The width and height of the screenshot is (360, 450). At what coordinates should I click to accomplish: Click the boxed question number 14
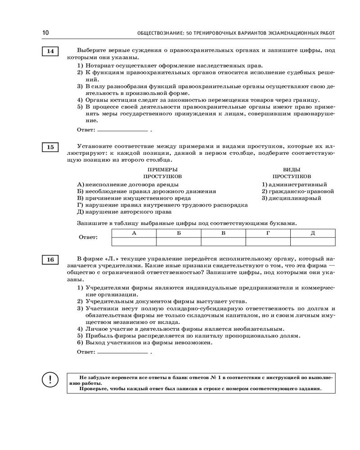[50, 51]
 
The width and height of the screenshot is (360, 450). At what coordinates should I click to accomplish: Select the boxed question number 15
[50, 147]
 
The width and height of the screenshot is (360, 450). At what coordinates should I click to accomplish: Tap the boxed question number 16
[50, 260]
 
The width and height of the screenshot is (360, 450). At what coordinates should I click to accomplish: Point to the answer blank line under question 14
[122, 130]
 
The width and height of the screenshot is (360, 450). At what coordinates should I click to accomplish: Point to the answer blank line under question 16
[122, 352]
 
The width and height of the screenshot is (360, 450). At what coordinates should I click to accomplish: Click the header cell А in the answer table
[134, 233]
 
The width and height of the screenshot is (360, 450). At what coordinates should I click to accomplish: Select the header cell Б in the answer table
[179, 233]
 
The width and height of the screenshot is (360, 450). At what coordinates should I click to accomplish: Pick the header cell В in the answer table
[223, 233]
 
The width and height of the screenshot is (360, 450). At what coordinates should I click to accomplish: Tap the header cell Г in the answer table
[268, 233]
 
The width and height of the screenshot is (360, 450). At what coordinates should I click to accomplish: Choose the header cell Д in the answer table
[313, 233]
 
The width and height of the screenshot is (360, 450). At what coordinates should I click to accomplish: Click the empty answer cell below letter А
[134, 242]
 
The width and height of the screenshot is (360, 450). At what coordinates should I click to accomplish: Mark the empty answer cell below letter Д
[313, 242]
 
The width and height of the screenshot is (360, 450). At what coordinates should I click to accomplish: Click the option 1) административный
[294, 184]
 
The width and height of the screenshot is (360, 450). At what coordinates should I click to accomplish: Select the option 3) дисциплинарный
[292, 198]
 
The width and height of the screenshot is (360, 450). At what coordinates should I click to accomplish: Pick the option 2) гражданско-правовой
[298, 191]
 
